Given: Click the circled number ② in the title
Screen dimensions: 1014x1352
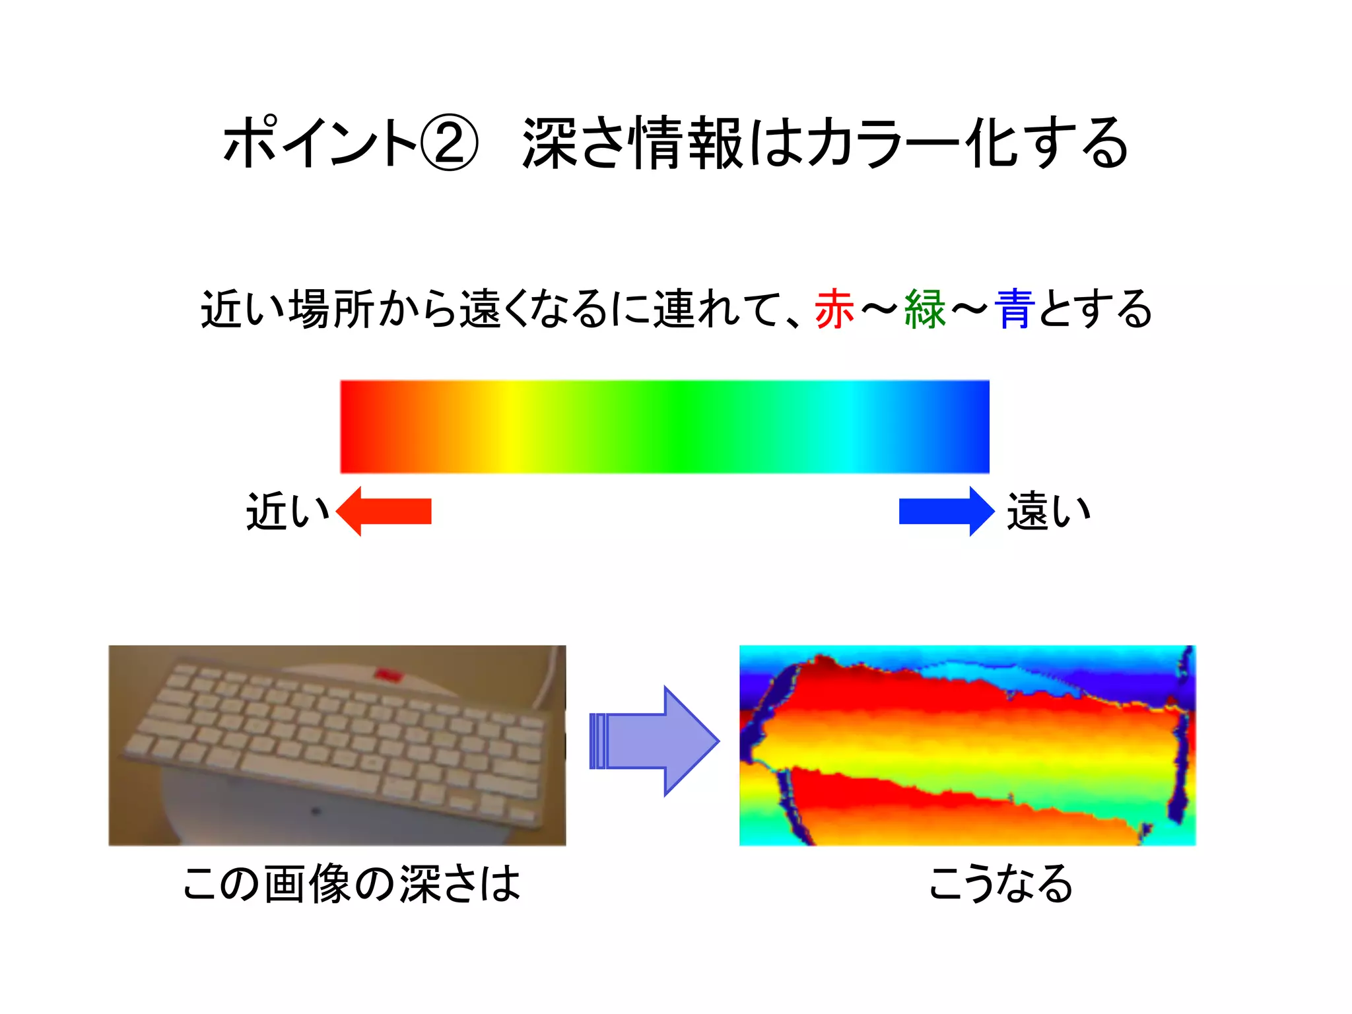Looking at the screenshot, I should click(x=449, y=143).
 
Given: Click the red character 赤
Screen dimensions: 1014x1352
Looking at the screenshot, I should click(x=834, y=309).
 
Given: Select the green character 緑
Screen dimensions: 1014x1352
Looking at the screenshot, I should click(x=925, y=309).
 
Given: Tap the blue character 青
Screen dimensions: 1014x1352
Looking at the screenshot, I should click(x=1015, y=309).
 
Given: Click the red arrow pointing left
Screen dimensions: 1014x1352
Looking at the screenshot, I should click(x=384, y=511).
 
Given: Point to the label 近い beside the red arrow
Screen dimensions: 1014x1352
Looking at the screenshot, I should click(x=287, y=512).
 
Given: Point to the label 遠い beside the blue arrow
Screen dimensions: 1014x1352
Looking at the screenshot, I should click(x=1048, y=512).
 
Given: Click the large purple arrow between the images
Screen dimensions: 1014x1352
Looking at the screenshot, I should click(x=654, y=741).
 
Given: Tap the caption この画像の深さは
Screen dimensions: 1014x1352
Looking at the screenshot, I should click(x=351, y=884).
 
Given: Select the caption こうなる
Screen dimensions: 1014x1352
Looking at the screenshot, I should click(x=1000, y=884).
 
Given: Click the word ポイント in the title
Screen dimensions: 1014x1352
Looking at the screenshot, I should click(x=320, y=143).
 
